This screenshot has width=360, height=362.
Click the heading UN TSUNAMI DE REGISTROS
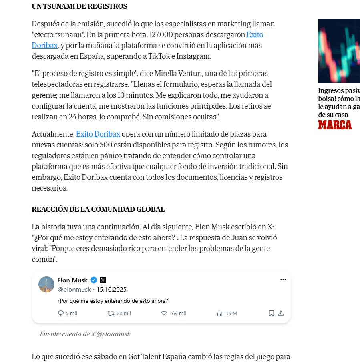[79, 6]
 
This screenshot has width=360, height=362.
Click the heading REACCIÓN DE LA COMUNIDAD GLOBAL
[98, 209]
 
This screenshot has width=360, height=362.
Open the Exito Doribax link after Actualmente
[98, 134]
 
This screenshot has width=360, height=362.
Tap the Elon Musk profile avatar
[46, 284]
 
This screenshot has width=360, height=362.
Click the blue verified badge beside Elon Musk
[93, 280]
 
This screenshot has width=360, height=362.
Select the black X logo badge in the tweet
[103, 280]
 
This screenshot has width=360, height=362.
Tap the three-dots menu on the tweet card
[283, 280]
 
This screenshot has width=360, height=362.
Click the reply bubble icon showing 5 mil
[61, 313]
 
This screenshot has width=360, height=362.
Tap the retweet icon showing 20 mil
[111, 313]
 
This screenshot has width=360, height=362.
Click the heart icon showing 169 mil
[164, 313]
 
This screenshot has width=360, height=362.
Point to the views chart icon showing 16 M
[219, 313]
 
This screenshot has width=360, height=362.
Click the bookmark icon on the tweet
[271, 313]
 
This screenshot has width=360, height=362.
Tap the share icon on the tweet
[281, 313]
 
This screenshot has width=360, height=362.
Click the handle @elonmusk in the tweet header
[74, 289]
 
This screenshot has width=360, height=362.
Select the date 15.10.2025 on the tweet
[111, 289]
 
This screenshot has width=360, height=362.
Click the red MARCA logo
[335, 125]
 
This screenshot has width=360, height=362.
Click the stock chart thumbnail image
[339, 51]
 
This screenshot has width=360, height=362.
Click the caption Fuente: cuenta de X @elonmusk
[85, 334]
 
